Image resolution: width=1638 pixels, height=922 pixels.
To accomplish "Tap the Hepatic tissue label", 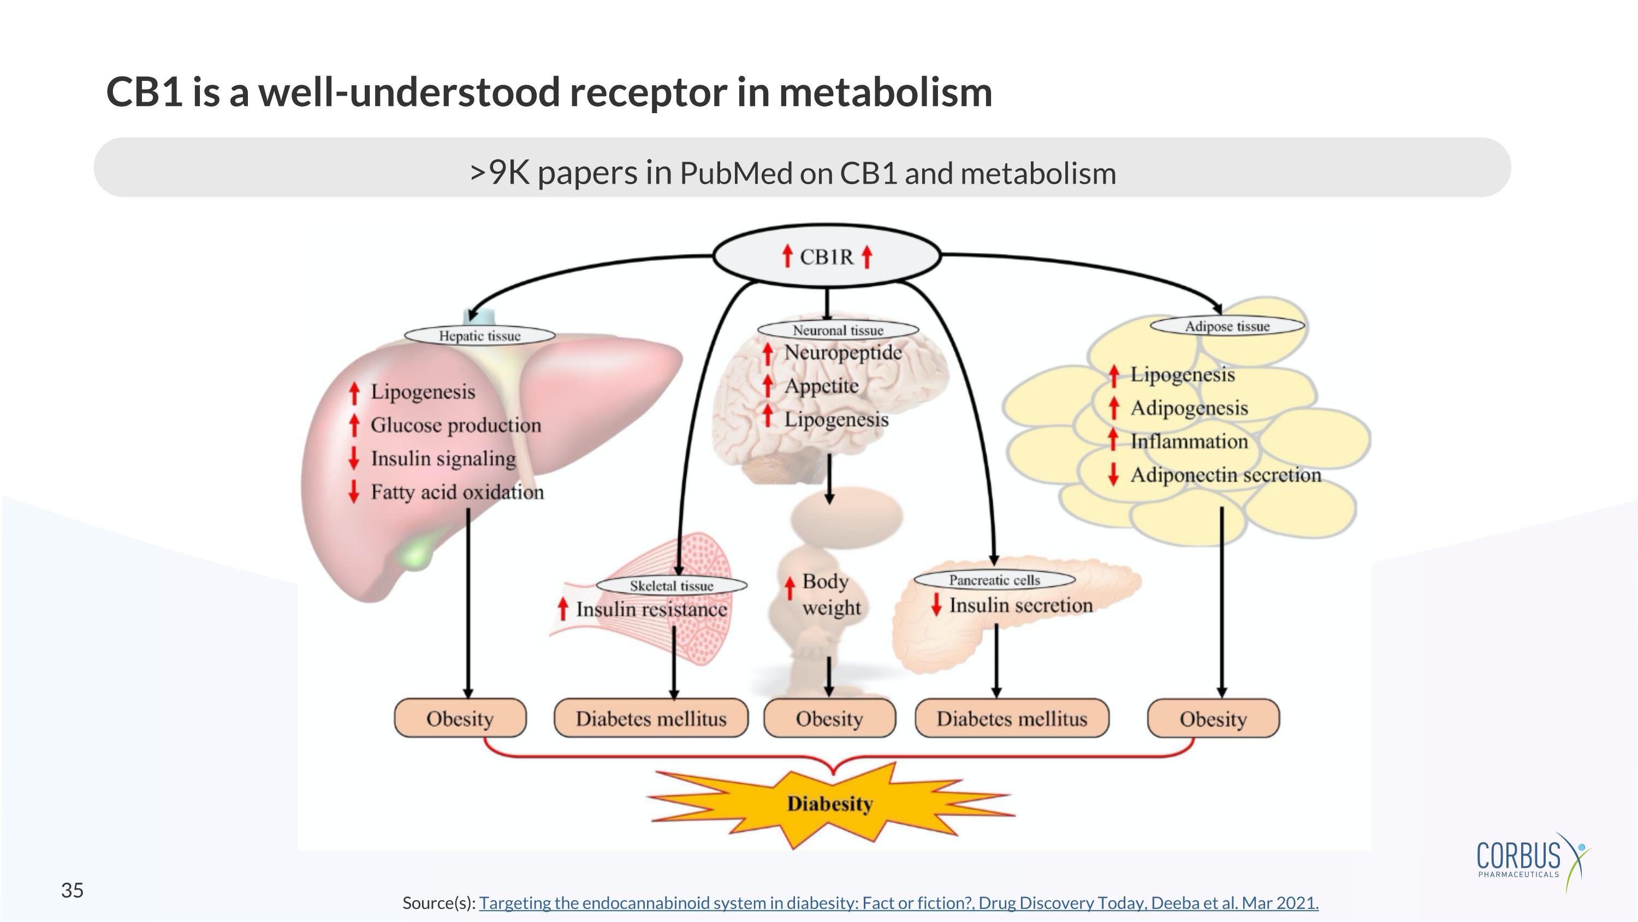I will point(479,336).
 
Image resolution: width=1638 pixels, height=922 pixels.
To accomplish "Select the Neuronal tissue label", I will point(838,330).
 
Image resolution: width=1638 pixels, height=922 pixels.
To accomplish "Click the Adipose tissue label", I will point(1227,326).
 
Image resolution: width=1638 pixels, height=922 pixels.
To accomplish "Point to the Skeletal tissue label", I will point(671,585).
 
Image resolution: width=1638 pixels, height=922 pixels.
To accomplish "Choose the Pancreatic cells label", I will point(994,580).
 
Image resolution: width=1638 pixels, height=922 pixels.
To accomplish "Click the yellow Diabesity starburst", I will point(830,803).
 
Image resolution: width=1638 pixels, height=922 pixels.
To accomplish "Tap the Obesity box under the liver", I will point(460,718).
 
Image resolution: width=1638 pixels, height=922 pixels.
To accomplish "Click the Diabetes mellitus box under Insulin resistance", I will point(650,718).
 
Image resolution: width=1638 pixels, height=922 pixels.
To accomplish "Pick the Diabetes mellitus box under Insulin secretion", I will point(1012,718).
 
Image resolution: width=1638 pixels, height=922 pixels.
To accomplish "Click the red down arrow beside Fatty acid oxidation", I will point(354,492).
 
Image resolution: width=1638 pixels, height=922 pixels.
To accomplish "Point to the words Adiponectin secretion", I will point(1225,475).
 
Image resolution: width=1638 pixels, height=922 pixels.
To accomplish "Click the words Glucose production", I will point(455,425).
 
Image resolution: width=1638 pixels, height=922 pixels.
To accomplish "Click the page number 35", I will point(72,890).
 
